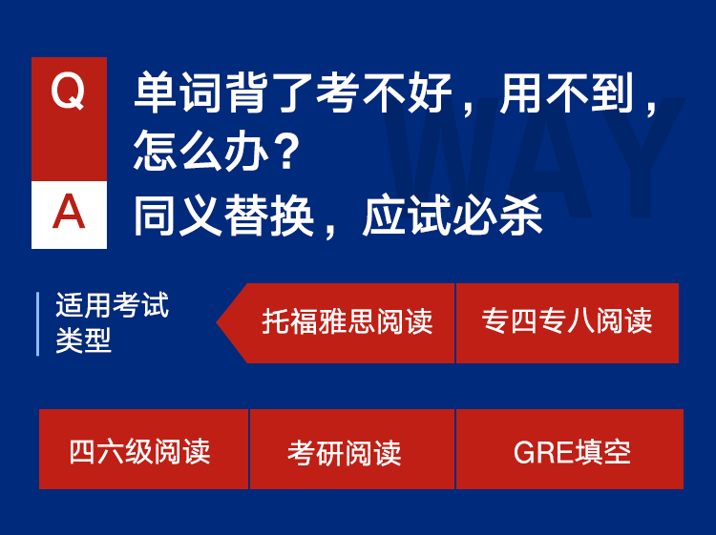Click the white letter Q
[68, 92]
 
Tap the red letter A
[69, 212]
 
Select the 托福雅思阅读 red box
[336, 323]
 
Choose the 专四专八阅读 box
[568, 323]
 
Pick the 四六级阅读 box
[143, 449]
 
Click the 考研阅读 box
[352, 449]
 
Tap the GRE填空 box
[570, 449]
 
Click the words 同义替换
[223, 216]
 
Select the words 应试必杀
[453, 216]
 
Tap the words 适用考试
[113, 304]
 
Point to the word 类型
[84, 340]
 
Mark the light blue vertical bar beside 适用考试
[38, 324]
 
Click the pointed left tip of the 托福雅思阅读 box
[217, 323]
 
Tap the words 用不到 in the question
[567, 93]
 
